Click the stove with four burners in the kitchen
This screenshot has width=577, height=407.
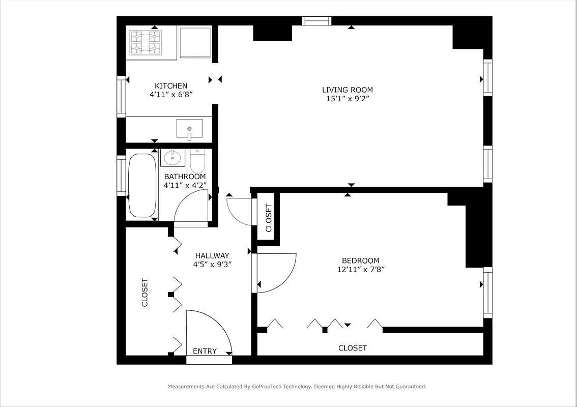[x=146, y=42]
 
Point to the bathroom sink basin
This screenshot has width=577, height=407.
[x=173, y=157]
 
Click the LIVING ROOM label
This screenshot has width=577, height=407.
[x=347, y=90]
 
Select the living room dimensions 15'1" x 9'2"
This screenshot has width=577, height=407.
[x=347, y=99]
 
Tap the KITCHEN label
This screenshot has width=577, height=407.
[x=171, y=86]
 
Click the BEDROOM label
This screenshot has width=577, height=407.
[x=360, y=261]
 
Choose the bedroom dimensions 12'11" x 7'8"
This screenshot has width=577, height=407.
[x=360, y=270]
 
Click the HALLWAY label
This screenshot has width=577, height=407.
[x=212, y=255]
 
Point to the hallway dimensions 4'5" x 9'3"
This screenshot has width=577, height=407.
[x=212, y=265]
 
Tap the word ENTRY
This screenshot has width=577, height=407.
[x=205, y=351]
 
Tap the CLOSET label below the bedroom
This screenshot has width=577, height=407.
[x=353, y=348]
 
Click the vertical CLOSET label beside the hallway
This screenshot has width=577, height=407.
[x=145, y=293]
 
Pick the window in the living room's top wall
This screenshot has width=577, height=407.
[x=316, y=21]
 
